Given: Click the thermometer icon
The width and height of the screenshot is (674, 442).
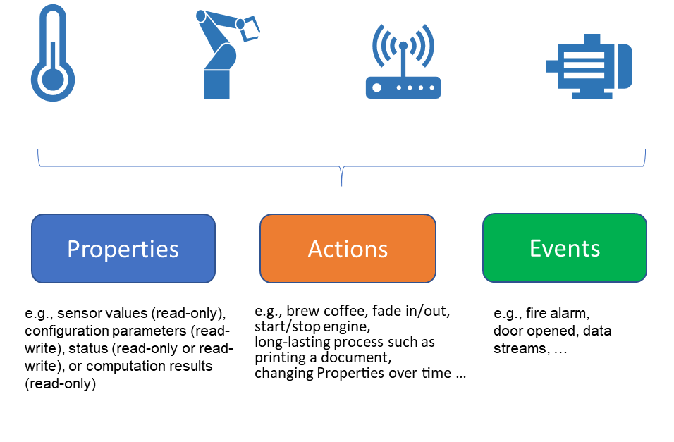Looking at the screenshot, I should coord(52,54).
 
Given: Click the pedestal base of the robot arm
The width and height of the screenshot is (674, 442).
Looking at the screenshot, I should coord(216,85).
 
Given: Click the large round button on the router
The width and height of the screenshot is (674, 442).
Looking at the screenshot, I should coord(376,88).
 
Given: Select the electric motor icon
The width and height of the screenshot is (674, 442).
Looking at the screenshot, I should coord(589,66).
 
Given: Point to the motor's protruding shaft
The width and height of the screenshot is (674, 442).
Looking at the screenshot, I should coord(551,66).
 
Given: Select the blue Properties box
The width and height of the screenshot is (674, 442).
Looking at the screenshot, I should coord(123,248).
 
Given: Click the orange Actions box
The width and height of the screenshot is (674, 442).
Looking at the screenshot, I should coord(348,248).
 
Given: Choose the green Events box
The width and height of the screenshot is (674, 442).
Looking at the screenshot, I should coord(564,247).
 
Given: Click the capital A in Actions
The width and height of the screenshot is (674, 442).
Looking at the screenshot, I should coord(315,249).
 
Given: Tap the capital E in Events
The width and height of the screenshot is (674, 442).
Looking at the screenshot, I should coord(535,248).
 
